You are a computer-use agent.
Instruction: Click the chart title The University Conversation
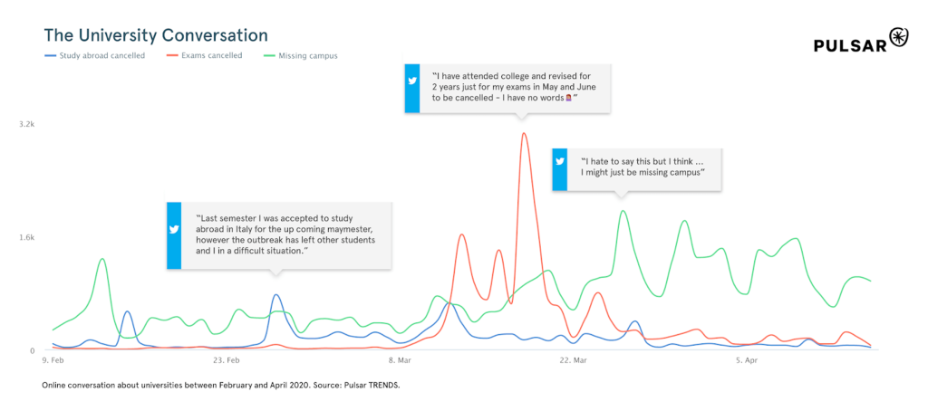pos(156,35)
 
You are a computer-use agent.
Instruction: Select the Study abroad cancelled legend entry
pos(94,55)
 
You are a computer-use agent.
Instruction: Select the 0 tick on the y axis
pos(32,350)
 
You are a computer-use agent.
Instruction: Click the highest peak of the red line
pos(524,134)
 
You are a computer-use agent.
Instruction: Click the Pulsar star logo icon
pos(898,37)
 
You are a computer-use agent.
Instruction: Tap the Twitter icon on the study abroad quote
pos(174,230)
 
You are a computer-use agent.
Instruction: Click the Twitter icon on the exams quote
pos(412,81)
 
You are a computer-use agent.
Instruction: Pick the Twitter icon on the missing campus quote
pos(560,161)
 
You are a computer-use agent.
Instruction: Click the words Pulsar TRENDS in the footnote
pos(372,385)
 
